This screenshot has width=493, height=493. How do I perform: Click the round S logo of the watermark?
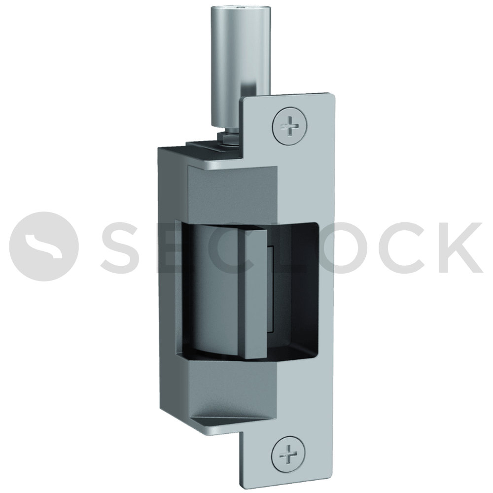tap(44, 246)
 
